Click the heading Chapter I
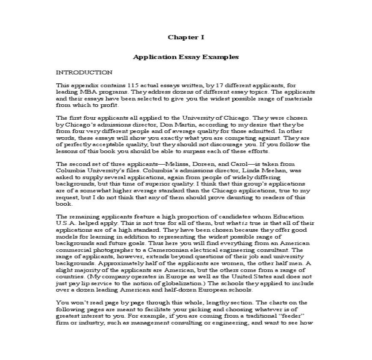click(x=186, y=37)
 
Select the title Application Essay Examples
click(x=186, y=56)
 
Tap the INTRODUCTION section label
click(x=84, y=72)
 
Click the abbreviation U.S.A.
click(x=65, y=223)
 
